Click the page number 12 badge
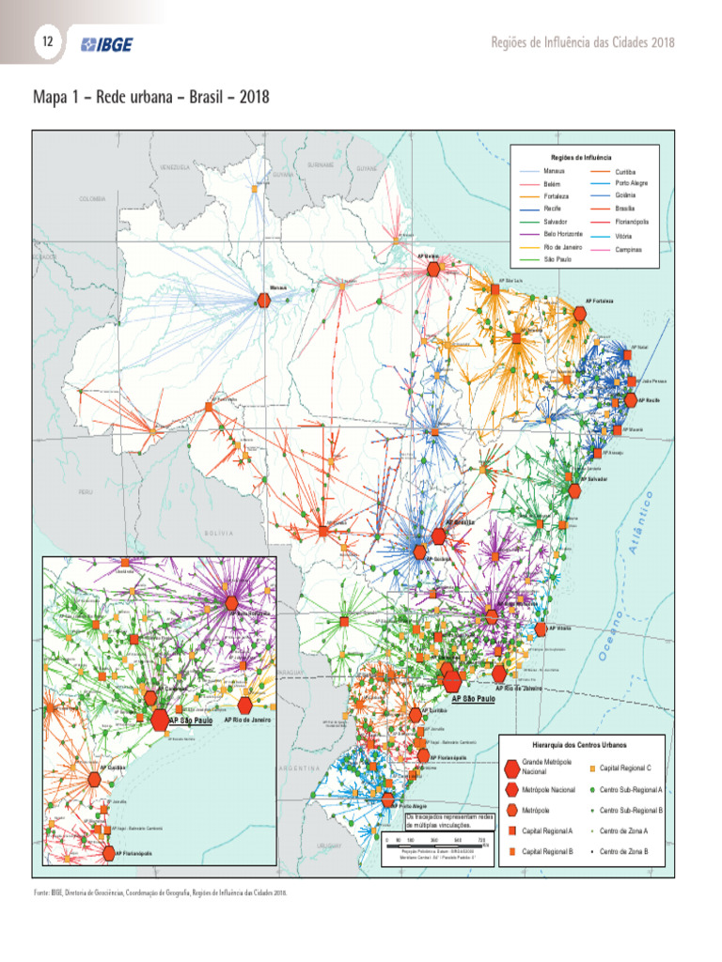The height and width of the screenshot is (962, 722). (45, 42)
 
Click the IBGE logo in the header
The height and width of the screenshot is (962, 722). (106, 44)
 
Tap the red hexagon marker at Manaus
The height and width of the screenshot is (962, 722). (264, 300)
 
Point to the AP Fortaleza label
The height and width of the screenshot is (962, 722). (600, 301)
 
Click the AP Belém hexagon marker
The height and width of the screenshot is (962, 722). (433, 269)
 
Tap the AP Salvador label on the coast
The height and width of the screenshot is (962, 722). (595, 479)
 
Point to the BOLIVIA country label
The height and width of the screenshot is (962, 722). (218, 533)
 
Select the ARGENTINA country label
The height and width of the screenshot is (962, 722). (301, 768)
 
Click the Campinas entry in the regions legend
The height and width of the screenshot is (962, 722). (628, 250)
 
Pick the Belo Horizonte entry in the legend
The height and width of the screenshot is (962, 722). (563, 233)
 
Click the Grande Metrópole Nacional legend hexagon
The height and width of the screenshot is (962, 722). (511, 767)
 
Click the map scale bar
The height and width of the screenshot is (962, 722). (432, 843)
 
